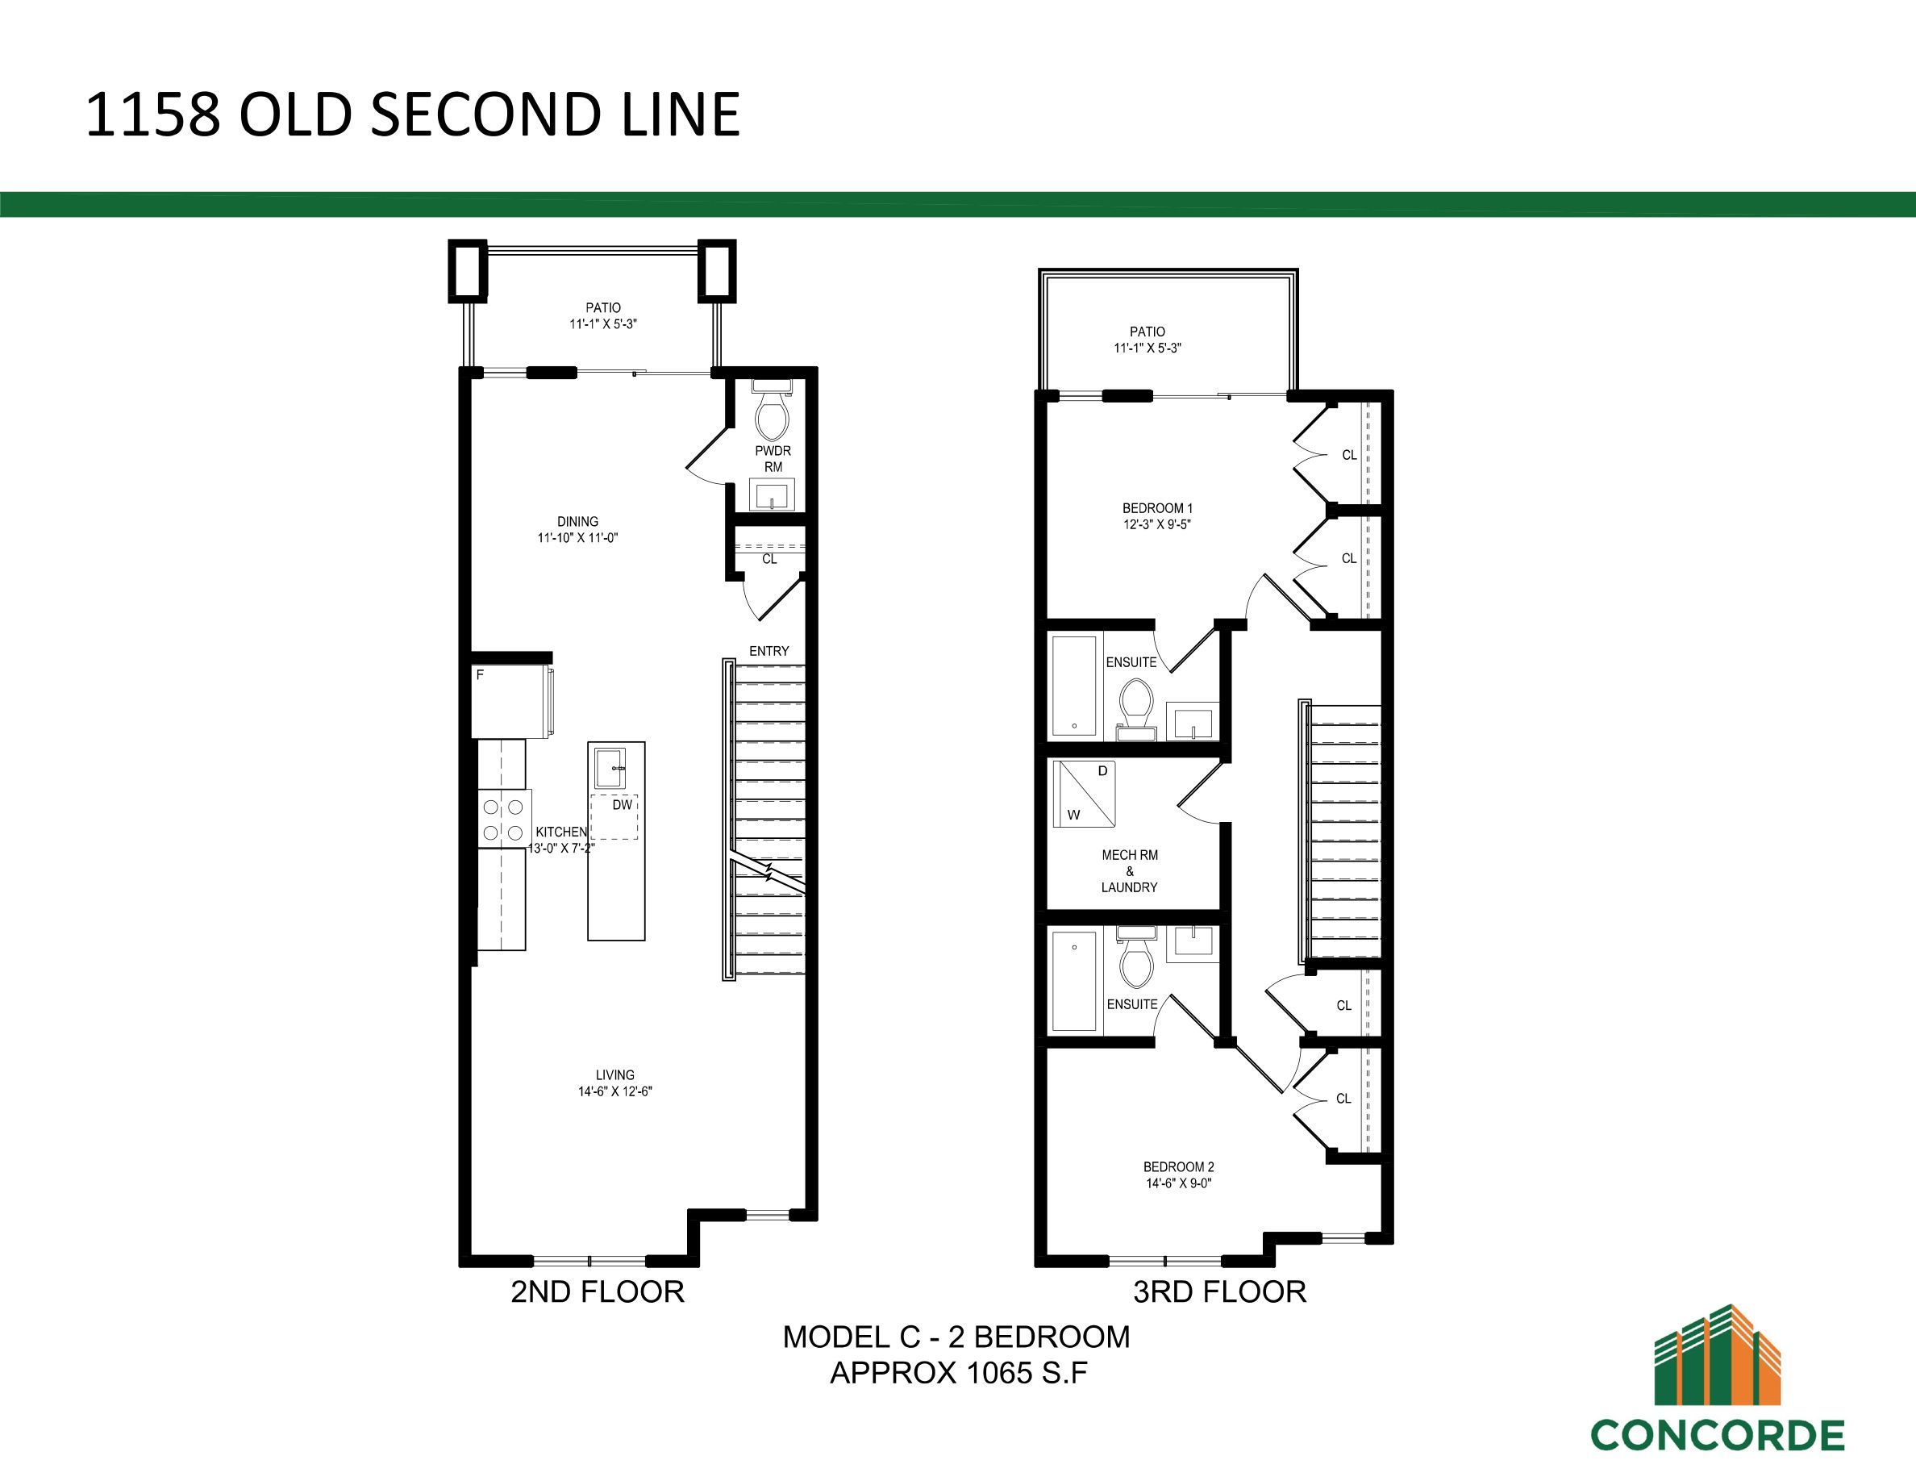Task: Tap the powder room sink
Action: [772, 494]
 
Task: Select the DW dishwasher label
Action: [622, 804]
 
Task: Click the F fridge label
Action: [480, 674]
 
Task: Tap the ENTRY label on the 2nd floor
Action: [769, 651]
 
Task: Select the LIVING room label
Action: [615, 1074]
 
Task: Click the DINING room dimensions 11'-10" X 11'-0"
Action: [578, 538]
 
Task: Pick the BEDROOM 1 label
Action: [1158, 508]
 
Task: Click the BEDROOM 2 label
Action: [1178, 1167]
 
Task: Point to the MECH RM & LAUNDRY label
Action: [1130, 870]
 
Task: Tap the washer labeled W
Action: [1073, 814]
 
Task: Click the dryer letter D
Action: [1103, 771]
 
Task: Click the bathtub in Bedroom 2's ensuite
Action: [1074, 980]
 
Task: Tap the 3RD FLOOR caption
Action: [1219, 1291]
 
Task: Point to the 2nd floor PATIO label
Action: [603, 308]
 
